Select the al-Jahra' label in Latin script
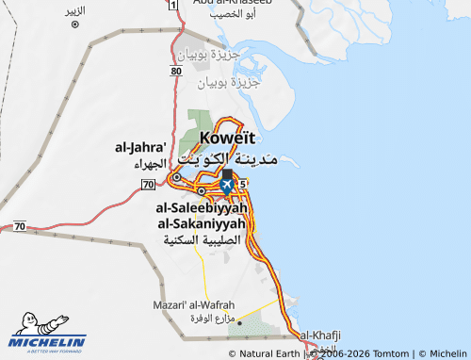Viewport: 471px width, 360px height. click(x=140, y=147)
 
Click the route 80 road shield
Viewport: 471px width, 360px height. click(x=177, y=72)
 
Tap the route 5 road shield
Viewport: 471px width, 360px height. click(x=243, y=183)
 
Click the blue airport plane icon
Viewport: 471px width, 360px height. click(x=226, y=187)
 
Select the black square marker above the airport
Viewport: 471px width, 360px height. click(x=227, y=174)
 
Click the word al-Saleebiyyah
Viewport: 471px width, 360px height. click(x=202, y=207)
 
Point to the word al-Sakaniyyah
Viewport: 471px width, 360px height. click(x=202, y=223)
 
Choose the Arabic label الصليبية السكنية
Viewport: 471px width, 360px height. click(x=203, y=240)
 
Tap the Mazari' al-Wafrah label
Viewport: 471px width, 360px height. click(x=190, y=305)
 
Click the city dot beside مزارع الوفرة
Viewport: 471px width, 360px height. click(x=239, y=322)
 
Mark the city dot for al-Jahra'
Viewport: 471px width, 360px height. click(x=176, y=176)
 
